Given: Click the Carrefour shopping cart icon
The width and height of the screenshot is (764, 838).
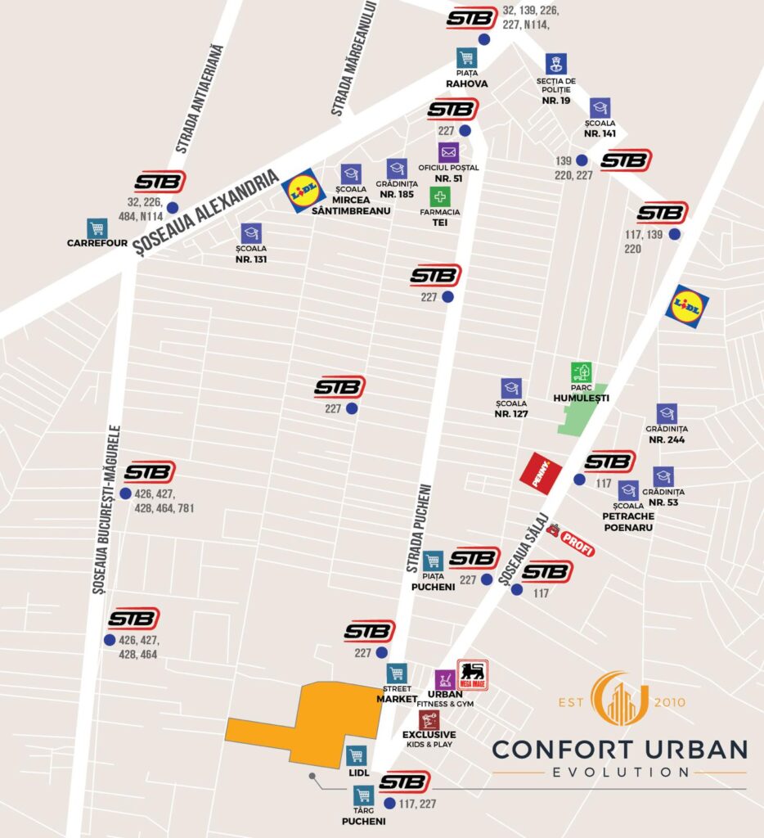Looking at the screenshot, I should (97, 228).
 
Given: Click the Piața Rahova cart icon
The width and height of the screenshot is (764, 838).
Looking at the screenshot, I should (466, 59).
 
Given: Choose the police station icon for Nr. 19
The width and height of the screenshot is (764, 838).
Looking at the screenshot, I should (556, 64).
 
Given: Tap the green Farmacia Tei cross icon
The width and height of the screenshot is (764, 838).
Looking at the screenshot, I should (440, 196).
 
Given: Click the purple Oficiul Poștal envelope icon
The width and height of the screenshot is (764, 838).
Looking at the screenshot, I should (448, 152).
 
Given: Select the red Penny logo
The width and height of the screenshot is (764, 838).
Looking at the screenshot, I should (542, 473).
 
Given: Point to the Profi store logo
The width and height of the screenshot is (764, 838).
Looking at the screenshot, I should (571, 541).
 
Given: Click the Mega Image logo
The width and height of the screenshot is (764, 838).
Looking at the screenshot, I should (472, 674).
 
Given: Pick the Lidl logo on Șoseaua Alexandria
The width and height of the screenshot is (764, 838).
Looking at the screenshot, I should (303, 191).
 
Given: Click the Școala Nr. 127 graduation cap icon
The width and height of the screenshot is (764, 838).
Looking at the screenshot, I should (511, 388).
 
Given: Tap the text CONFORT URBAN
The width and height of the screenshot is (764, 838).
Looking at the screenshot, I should (619, 749).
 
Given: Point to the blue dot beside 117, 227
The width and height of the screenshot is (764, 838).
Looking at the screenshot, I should (389, 804).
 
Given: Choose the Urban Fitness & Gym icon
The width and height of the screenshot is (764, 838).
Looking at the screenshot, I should (445, 680).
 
